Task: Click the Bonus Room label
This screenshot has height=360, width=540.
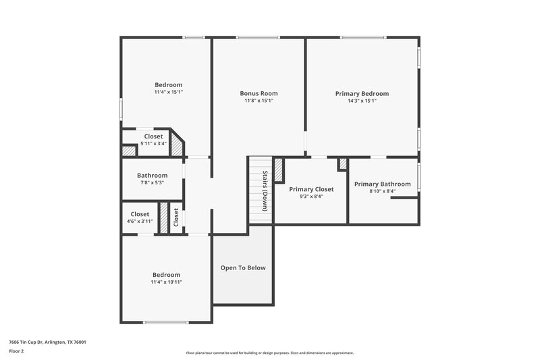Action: click(259, 93)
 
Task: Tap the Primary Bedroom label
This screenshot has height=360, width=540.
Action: click(362, 93)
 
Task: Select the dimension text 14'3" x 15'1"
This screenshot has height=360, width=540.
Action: click(362, 101)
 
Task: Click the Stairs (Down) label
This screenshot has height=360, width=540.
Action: click(265, 191)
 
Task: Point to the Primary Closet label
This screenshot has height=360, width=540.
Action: click(311, 189)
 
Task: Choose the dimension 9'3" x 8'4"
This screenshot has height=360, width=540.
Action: click(311, 197)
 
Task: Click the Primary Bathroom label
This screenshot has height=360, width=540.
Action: click(382, 184)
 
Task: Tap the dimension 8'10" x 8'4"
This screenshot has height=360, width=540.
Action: click(382, 191)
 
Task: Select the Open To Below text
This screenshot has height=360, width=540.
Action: click(243, 267)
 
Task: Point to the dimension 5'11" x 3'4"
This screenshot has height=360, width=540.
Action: click(153, 143)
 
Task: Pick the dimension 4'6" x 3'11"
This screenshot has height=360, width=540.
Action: click(140, 222)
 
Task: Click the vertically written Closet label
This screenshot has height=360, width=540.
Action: click(176, 217)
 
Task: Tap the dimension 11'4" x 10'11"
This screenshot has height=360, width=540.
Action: click(166, 282)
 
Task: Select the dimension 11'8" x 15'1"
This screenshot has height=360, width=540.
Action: click(259, 101)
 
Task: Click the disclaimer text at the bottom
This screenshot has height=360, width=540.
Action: click(270, 353)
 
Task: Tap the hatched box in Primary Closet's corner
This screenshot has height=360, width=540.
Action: click(278, 170)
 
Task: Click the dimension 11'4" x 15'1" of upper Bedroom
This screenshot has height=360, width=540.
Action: click(168, 92)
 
